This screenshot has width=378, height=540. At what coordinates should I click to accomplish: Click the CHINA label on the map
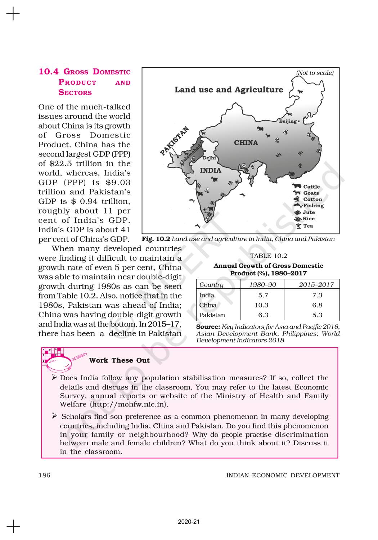246,143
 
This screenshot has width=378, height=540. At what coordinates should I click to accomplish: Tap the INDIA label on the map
211,171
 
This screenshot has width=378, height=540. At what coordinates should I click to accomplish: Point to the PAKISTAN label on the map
174,141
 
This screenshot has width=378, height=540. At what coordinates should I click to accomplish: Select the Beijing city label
288,121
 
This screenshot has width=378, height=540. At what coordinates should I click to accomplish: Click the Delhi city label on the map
209,158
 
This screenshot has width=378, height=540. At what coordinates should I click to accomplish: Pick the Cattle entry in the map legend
311,186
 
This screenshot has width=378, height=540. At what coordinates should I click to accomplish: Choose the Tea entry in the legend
308,226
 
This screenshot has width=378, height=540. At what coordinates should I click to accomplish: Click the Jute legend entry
309,212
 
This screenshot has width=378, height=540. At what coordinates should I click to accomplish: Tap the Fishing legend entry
313,206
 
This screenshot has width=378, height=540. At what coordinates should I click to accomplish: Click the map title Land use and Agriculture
229,90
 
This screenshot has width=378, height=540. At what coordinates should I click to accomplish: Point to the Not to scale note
315,73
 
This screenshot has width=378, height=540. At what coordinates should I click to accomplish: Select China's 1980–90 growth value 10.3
262,305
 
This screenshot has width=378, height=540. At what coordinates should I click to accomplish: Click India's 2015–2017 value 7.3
317,295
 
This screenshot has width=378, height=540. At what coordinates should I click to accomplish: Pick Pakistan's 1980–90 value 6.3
263,315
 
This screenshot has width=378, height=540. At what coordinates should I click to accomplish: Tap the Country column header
211,284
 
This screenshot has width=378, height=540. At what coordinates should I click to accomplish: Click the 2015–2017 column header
316,284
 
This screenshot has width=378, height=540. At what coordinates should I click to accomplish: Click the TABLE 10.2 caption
269,256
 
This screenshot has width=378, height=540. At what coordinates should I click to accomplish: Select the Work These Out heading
119,360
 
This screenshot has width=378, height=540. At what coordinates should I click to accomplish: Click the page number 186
45,475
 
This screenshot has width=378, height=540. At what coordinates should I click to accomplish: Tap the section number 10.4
49,72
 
